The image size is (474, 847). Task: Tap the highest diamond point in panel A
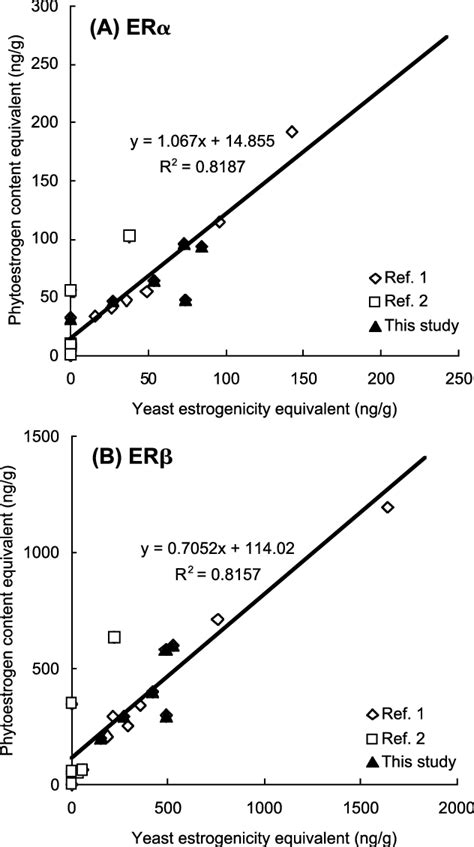[x=292, y=132]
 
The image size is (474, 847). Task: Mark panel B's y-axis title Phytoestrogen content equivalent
[x=14, y=613]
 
